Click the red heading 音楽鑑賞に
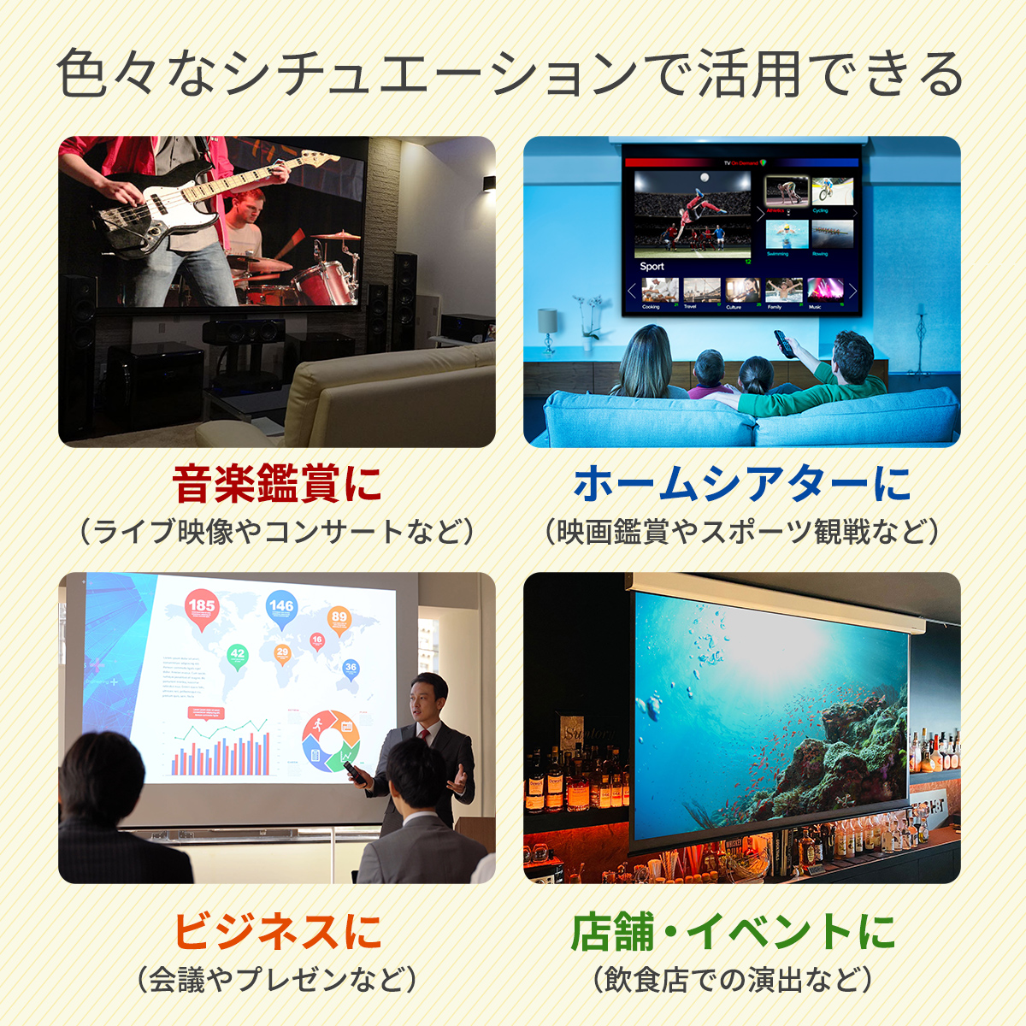click(x=277, y=484)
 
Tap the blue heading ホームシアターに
click(x=742, y=484)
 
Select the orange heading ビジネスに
click(x=277, y=931)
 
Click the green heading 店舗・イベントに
click(x=733, y=931)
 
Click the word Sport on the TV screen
click(x=652, y=266)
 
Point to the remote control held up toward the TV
click(x=781, y=343)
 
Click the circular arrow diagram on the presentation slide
click(x=331, y=740)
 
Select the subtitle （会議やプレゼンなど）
click(x=277, y=979)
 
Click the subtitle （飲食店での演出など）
click(x=733, y=979)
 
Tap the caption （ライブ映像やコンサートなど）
click(x=277, y=532)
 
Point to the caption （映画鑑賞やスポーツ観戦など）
click(x=742, y=532)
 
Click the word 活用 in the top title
click(x=748, y=75)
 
